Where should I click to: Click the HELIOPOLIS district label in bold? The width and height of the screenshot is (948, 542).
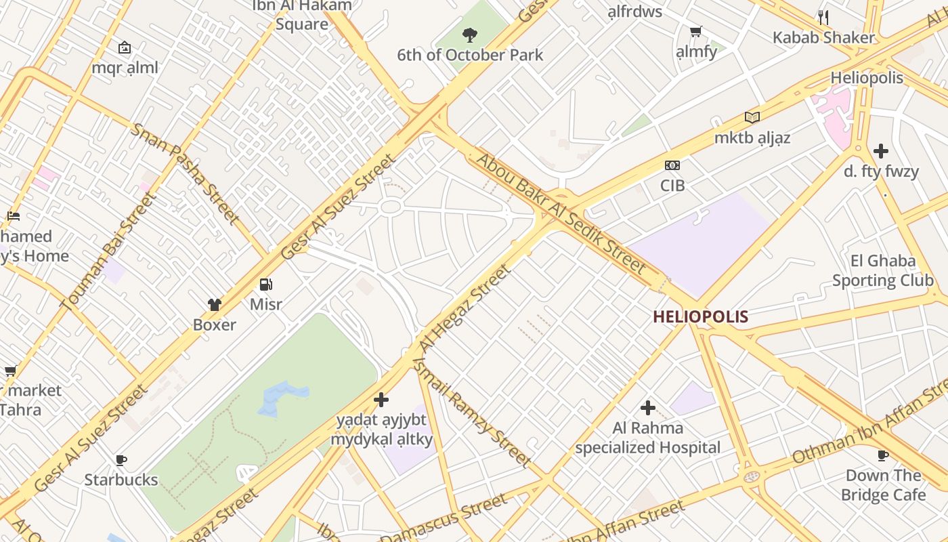click(x=700, y=316)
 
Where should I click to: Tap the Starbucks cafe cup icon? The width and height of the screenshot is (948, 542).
click(x=121, y=460)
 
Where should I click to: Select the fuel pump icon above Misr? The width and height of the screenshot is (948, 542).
click(x=266, y=285)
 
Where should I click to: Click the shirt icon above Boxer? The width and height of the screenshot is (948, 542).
click(x=215, y=305)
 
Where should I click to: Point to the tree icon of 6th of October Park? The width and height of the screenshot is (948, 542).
click(x=469, y=35)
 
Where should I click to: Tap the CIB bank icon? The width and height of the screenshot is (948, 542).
click(x=672, y=165)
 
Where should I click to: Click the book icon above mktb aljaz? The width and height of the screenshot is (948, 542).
click(x=752, y=118)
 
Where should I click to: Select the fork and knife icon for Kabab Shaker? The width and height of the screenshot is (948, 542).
click(x=823, y=17)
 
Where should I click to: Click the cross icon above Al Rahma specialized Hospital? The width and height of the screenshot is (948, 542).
click(x=648, y=408)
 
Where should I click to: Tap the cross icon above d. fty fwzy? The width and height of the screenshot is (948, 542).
click(x=881, y=151)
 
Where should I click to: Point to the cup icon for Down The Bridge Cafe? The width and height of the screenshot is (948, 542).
click(x=882, y=455)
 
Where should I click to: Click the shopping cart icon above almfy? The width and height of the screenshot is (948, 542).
click(x=695, y=32)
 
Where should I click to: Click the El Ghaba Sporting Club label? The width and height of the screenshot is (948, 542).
click(x=882, y=270)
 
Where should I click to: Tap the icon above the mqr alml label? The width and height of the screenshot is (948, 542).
click(x=125, y=47)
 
